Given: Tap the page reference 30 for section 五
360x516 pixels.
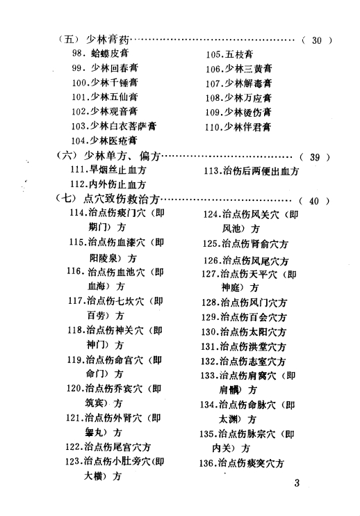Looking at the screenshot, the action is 317,40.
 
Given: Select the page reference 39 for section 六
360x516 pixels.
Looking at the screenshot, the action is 315,157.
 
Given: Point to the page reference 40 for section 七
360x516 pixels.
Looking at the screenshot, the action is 314,201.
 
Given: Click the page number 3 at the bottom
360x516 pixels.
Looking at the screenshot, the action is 297,483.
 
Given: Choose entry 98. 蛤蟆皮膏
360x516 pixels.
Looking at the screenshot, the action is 101,54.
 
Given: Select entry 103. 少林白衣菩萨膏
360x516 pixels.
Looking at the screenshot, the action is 114,126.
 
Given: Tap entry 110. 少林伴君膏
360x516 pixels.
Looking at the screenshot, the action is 238,127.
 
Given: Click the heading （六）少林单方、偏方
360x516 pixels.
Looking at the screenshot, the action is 108,155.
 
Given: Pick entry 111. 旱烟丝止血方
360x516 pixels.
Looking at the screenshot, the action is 108,170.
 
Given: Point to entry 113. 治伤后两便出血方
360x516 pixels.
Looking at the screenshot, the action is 252,171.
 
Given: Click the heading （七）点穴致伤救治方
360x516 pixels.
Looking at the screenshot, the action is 108,199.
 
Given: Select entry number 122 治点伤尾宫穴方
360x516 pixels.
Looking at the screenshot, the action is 108,447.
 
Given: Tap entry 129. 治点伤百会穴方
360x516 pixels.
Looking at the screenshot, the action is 244,317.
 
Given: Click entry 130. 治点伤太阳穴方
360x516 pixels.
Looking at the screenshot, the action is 244,332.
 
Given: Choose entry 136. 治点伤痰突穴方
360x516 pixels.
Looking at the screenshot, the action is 242,464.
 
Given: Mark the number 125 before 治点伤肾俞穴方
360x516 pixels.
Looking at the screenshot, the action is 211,244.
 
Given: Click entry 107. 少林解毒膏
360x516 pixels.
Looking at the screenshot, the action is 238,83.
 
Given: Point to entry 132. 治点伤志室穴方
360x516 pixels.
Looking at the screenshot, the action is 243,362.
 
